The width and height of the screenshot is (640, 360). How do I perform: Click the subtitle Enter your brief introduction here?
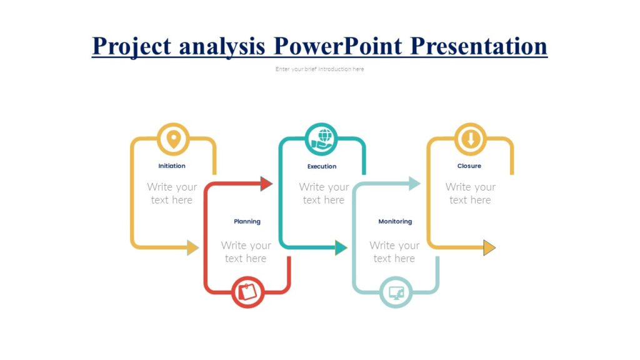tap(319, 69)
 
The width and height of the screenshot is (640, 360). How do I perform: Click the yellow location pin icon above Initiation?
tap(173, 139)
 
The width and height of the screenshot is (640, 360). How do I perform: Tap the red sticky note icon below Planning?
tap(247, 292)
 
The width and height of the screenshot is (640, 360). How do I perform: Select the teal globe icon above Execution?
tap(322, 139)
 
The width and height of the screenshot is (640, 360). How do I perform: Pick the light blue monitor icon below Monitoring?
tap(396, 292)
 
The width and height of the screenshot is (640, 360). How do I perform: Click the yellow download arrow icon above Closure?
tap(470, 139)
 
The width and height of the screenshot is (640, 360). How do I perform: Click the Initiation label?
tap(172, 166)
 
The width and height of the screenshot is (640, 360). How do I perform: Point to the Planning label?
tap(247, 221)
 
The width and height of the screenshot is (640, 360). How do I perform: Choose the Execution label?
tap(322, 167)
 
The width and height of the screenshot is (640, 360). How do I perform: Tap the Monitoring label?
tap(395, 221)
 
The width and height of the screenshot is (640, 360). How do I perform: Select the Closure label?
tap(469, 166)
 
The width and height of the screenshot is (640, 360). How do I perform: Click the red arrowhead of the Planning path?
tap(266, 183)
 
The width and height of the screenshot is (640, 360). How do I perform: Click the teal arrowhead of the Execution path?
tap(341, 247)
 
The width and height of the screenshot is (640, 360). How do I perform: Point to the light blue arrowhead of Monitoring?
tap(414, 183)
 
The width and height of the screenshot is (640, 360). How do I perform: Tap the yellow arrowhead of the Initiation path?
tap(192, 247)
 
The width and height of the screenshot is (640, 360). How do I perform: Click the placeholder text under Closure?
tap(470, 193)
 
